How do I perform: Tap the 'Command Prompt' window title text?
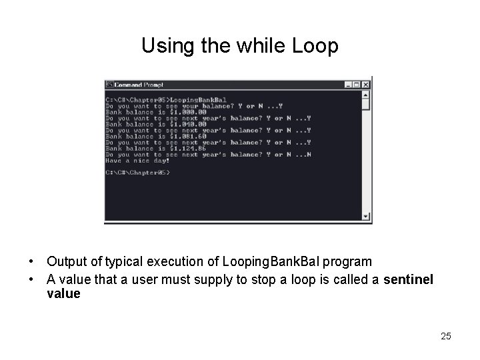point(139,85)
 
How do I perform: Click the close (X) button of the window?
point(366,85)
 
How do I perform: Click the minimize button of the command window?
point(348,85)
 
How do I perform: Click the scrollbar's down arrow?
point(366,216)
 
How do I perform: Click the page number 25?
point(446,336)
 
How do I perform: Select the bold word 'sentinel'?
point(408,280)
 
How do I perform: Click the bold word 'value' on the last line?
point(63,293)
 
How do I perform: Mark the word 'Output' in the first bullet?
point(65,261)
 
